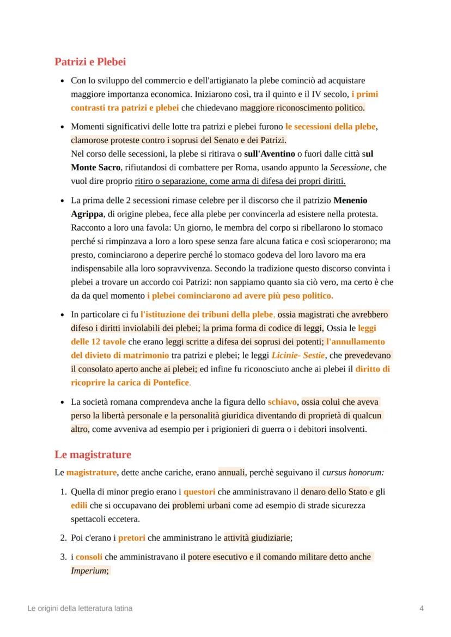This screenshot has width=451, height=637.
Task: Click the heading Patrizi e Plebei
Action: (90, 62)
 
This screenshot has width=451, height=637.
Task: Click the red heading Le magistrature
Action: (93, 454)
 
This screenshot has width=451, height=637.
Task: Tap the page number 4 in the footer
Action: (422, 608)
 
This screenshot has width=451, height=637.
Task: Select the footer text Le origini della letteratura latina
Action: (80, 608)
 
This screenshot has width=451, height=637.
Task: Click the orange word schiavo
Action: (282, 402)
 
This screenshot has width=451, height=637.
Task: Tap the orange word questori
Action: (199, 491)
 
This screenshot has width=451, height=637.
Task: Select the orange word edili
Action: (79, 505)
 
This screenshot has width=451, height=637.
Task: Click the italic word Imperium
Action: (89, 571)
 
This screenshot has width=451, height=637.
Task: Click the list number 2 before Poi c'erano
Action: (62, 538)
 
